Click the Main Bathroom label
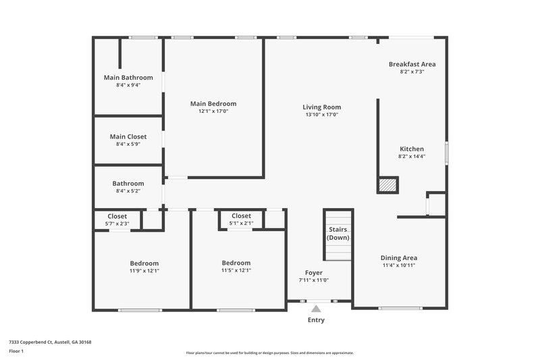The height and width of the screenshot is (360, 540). [128, 78]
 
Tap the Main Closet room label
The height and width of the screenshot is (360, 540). [128, 136]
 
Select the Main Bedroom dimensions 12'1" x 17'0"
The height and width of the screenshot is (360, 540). [213, 111]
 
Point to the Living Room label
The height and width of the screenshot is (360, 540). [321, 107]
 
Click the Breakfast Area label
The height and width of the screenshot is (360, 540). [412, 64]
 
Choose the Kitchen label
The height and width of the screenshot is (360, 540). [412, 149]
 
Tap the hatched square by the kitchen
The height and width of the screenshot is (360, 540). [387, 185]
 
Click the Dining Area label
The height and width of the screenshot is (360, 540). [399, 257]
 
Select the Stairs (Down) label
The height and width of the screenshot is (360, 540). [338, 234]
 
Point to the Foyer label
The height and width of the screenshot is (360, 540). [314, 273]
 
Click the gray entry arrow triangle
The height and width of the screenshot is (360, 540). [316, 309]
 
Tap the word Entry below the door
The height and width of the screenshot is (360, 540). [316, 320]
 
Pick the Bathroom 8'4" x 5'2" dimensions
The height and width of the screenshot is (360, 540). [128, 191]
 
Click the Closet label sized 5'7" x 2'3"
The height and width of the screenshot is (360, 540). [117, 216]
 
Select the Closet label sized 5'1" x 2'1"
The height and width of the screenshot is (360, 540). [242, 216]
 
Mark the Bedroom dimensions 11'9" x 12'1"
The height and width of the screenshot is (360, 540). [144, 270]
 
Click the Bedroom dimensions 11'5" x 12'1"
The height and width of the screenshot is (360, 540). [236, 270]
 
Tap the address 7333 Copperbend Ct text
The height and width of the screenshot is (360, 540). [50, 342]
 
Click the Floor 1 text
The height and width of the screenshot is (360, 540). [16, 352]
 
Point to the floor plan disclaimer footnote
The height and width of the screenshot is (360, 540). [270, 353]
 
